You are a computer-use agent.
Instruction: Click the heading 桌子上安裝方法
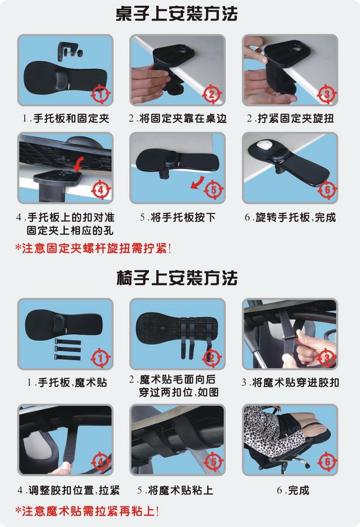click(x=177, y=14)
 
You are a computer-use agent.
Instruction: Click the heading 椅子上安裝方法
click(x=177, y=278)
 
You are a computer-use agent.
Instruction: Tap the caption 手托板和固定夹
click(x=71, y=118)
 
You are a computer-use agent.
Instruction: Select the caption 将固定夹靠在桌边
click(x=183, y=118)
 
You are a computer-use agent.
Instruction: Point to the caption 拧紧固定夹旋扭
click(x=296, y=118)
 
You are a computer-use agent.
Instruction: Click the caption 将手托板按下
click(x=183, y=217)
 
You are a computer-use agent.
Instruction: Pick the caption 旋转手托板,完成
click(x=296, y=217)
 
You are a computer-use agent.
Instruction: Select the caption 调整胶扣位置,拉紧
click(x=74, y=490)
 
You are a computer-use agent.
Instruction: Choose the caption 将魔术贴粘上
click(x=181, y=490)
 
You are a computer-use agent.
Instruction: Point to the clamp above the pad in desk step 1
click(x=69, y=51)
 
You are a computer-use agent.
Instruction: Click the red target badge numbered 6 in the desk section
click(x=327, y=190)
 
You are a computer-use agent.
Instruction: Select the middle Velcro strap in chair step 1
click(x=68, y=350)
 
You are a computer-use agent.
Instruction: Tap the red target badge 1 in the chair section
click(x=101, y=358)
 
